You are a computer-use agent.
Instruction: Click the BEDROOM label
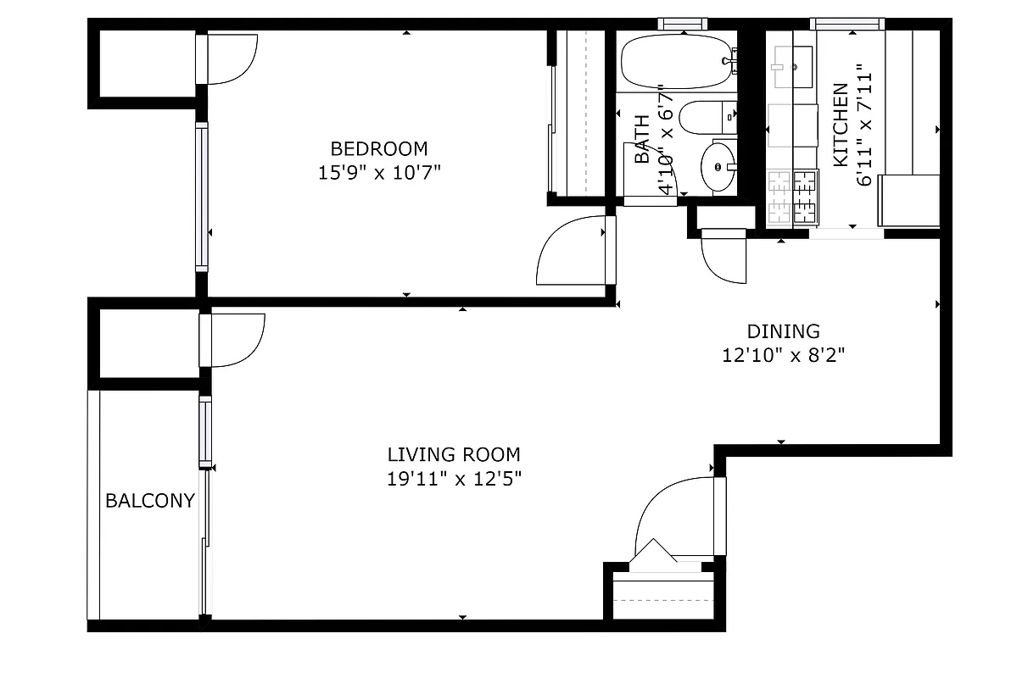point(379,149)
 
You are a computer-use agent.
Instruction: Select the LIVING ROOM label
point(454,455)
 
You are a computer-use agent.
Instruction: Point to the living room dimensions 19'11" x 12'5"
point(454,479)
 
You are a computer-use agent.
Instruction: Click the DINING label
point(783,331)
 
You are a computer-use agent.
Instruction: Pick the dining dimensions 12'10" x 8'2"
point(783,356)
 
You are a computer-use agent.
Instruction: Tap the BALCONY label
point(150,501)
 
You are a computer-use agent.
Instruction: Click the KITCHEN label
point(840,125)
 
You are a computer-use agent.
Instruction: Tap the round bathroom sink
point(718,165)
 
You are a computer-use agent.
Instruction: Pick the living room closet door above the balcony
point(235,340)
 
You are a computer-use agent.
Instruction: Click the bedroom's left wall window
point(201,196)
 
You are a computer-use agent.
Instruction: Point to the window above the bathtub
point(684,24)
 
